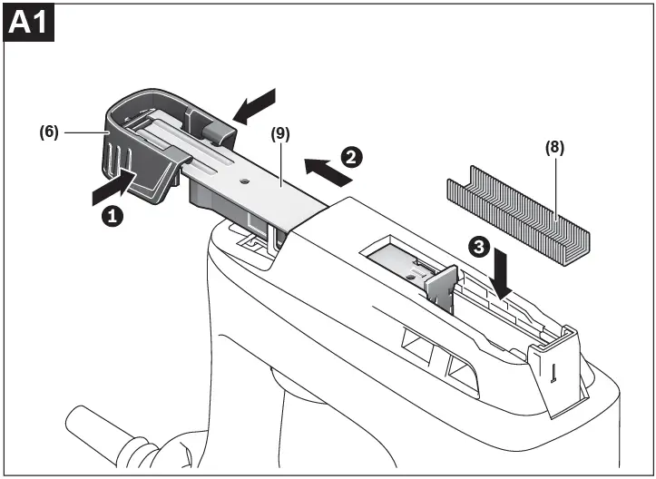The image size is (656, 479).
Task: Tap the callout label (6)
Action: click(x=48, y=132)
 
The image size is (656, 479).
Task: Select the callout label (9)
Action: click(x=281, y=132)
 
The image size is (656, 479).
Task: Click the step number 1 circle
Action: click(x=112, y=217)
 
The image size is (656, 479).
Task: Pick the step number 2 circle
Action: click(x=351, y=156)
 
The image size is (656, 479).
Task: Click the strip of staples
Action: click(x=518, y=210)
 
